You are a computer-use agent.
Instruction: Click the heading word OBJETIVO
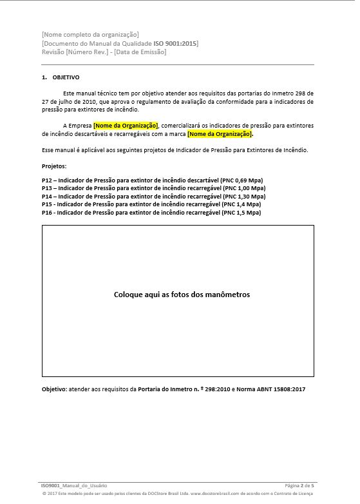(x=66, y=77)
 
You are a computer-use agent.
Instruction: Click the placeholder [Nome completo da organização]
(x=90, y=34)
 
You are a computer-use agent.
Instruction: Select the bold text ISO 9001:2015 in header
(x=176, y=43)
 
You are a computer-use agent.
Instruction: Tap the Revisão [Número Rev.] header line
(x=103, y=52)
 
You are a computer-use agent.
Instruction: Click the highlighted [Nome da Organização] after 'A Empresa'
(x=126, y=125)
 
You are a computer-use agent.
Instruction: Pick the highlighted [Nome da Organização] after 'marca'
(x=220, y=134)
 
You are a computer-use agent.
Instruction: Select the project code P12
(x=47, y=180)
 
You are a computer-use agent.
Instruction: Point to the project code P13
(x=47, y=188)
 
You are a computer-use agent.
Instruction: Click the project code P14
(x=47, y=196)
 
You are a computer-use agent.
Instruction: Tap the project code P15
(x=47, y=204)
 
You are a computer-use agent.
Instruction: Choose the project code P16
(x=47, y=212)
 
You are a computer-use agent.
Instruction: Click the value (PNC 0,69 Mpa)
(x=242, y=180)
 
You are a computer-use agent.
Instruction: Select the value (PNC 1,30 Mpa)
(x=243, y=196)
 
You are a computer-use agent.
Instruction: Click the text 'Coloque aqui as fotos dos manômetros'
(x=182, y=295)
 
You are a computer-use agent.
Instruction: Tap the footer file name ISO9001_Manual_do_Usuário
(x=74, y=485)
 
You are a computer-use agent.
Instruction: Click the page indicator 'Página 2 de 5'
(x=299, y=485)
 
